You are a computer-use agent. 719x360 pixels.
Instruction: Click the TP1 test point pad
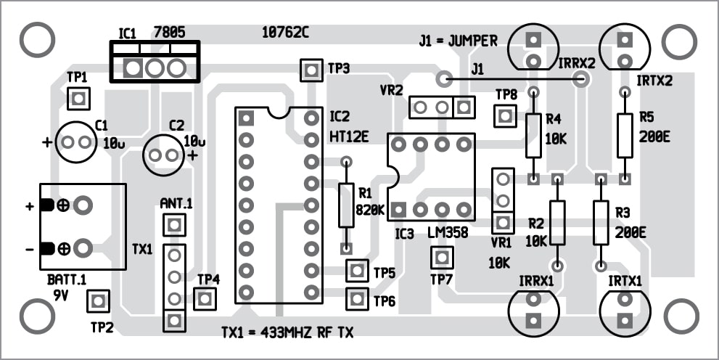tap(78, 98)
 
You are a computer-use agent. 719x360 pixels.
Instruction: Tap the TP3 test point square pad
tap(311, 70)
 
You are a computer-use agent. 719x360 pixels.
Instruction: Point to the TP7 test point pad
tap(441, 257)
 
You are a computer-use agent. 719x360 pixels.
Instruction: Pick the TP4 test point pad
tap(206, 298)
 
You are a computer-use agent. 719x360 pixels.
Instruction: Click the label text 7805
tap(169, 32)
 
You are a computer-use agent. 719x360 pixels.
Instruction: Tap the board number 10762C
tap(285, 32)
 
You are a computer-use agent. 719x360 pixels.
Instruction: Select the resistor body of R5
tap(625, 135)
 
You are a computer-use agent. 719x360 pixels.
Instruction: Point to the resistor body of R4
tap(533, 135)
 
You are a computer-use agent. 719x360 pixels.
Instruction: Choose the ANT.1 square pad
tap(173, 226)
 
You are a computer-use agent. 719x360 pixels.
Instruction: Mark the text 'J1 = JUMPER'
tap(458, 41)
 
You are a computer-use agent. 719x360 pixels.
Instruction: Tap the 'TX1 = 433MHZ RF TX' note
tap(288, 333)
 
